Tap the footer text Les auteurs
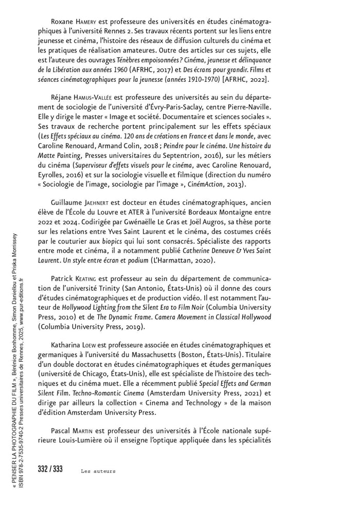[98, 470]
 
